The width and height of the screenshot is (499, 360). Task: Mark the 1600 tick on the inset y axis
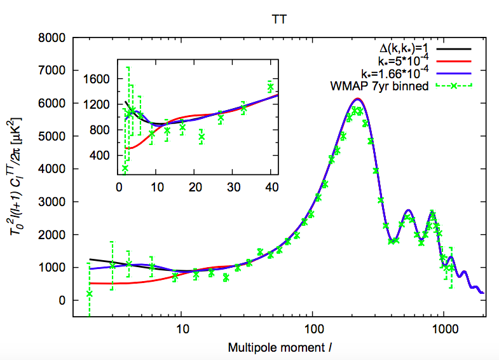(x=99, y=79)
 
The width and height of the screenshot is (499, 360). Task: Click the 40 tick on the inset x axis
(x=270, y=189)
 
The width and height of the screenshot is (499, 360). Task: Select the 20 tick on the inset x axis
(x=195, y=189)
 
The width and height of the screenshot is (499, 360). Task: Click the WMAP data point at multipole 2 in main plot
(x=89, y=293)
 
